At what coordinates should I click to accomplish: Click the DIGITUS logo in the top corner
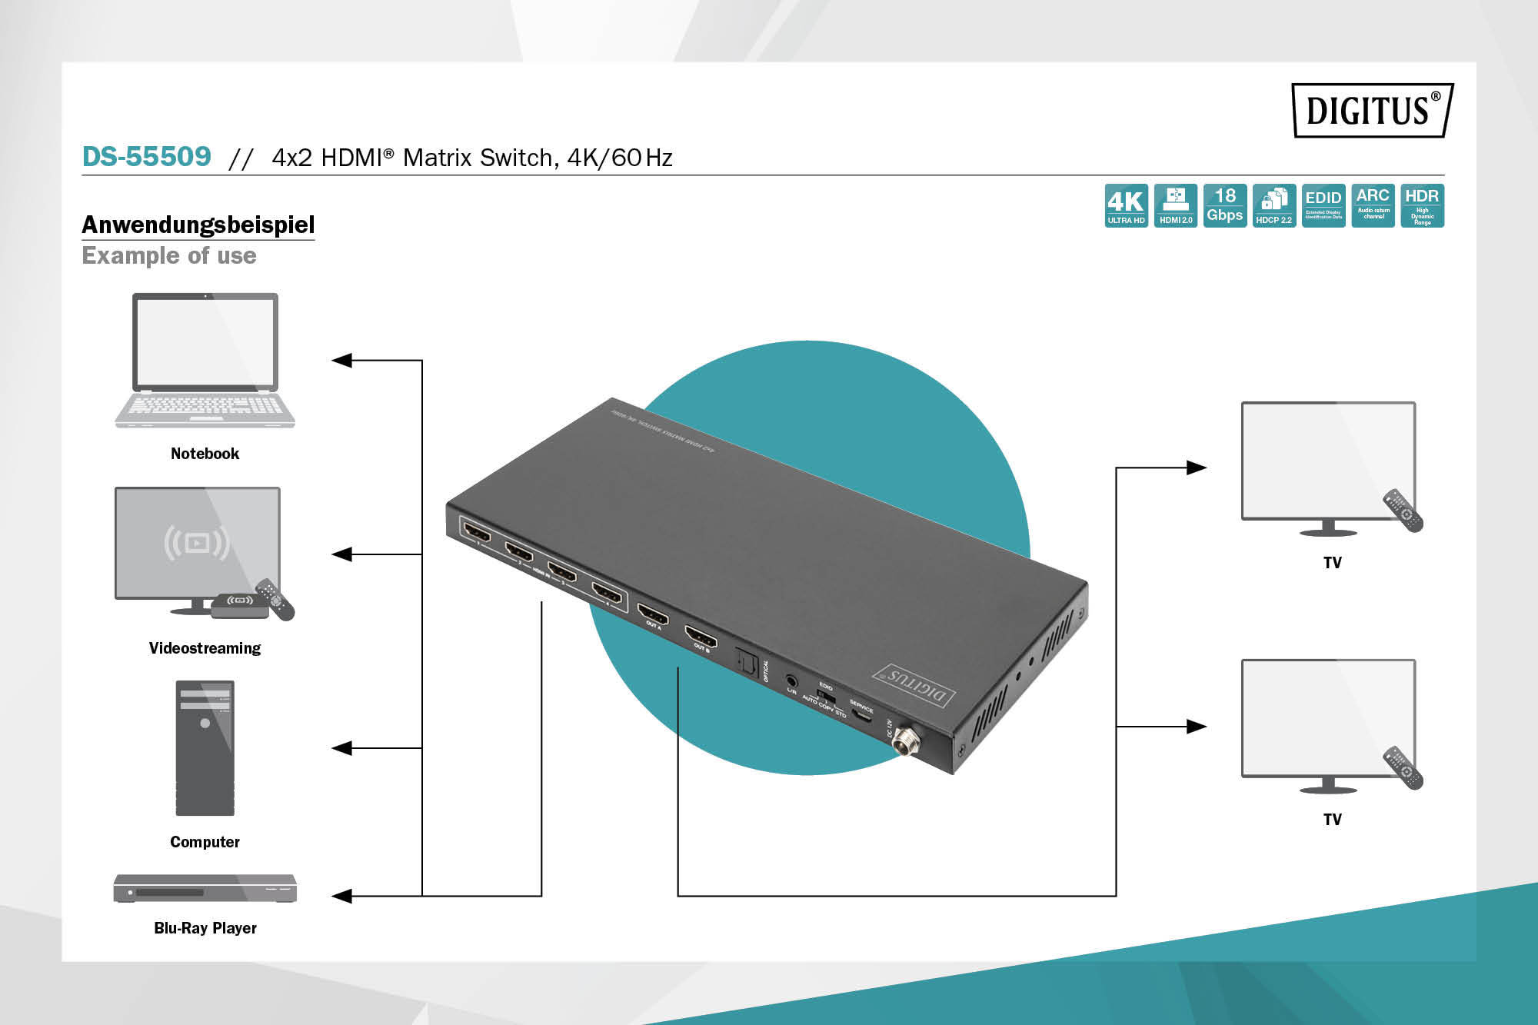(x=1372, y=110)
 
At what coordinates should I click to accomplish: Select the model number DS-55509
(x=146, y=157)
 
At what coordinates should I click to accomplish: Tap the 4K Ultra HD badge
(x=1126, y=205)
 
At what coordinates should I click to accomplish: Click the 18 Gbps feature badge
(x=1224, y=205)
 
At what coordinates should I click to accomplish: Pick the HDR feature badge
(x=1422, y=205)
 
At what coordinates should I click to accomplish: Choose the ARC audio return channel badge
(x=1373, y=205)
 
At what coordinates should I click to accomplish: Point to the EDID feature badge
(x=1323, y=205)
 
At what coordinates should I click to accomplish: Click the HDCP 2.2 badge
(x=1273, y=205)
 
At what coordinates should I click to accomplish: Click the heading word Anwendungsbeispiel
(x=198, y=225)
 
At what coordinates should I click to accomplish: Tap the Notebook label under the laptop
(x=205, y=454)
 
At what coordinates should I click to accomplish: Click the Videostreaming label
(x=205, y=648)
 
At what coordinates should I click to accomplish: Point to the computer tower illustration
(x=205, y=747)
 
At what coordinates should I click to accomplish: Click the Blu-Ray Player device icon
(x=205, y=888)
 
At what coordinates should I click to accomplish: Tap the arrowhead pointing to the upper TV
(x=1197, y=468)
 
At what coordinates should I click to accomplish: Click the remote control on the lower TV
(x=1404, y=767)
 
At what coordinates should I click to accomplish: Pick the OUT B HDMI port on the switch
(x=701, y=637)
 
